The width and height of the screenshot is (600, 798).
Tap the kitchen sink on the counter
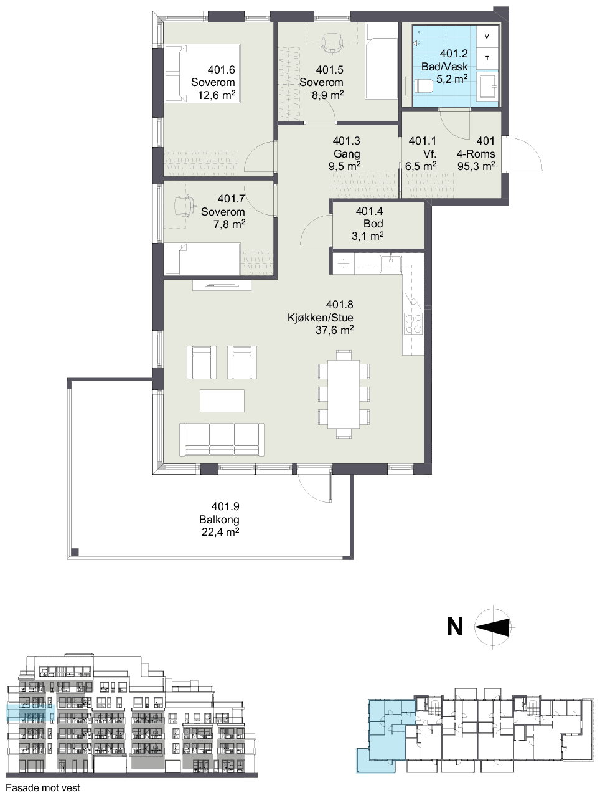[x=391, y=264]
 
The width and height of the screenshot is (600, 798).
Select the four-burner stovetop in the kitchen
[x=414, y=323]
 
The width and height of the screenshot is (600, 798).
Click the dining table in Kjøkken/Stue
[x=344, y=394]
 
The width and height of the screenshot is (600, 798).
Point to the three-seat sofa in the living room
[x=222, y=439]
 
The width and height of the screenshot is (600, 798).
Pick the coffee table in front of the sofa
[x=222, y=401]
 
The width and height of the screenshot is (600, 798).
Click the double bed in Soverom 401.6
[x=203, y=73]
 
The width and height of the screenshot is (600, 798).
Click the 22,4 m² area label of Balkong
[x=220, y=532]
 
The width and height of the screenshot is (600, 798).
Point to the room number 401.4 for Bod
[x=369, y=211]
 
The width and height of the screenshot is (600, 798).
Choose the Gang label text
[x=347, y=154]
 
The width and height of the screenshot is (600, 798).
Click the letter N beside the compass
[x=455, y=627]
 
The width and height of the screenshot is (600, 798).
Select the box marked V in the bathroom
[x=487, y=36]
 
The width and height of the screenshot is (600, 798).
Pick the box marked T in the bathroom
[x=487, y=58]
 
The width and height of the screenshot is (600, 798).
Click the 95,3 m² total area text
[x=476, y=166]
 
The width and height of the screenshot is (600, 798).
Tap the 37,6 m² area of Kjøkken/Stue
[x=335, y=330]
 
